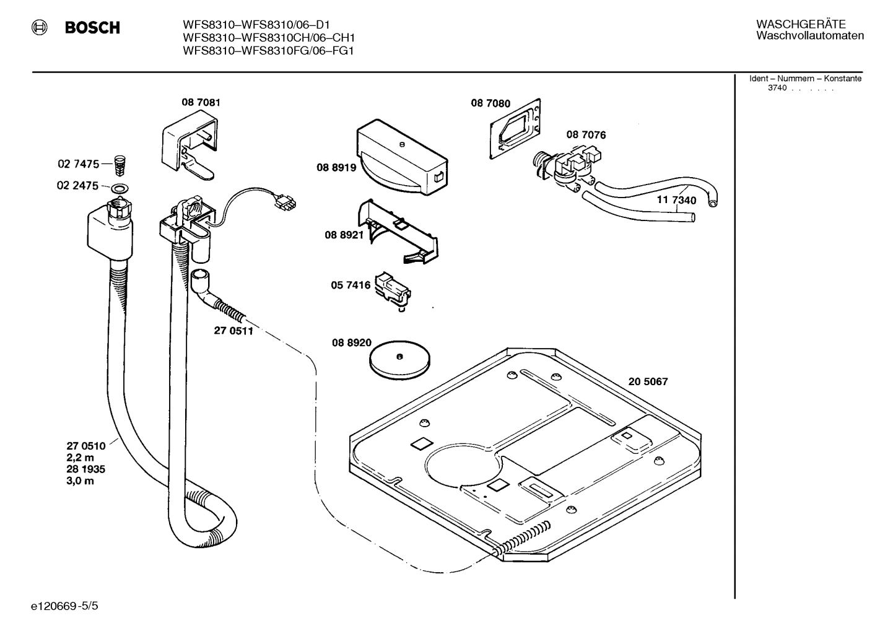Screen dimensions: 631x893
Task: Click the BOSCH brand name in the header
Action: coord(92,28)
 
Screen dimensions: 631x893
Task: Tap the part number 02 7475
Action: coord(78,164)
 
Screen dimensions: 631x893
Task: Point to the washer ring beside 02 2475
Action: coord(121,187)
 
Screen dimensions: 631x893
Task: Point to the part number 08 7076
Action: coord(585,134)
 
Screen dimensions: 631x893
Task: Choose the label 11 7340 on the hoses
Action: coord(676,201)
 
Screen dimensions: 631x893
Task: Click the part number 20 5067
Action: coord(648,381)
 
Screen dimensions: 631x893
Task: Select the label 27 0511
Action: coord(233,331)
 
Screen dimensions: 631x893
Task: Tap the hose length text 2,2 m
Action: coord(81,457)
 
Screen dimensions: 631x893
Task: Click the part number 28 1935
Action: coord(85,469)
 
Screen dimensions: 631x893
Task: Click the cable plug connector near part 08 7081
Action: coord(285,202)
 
